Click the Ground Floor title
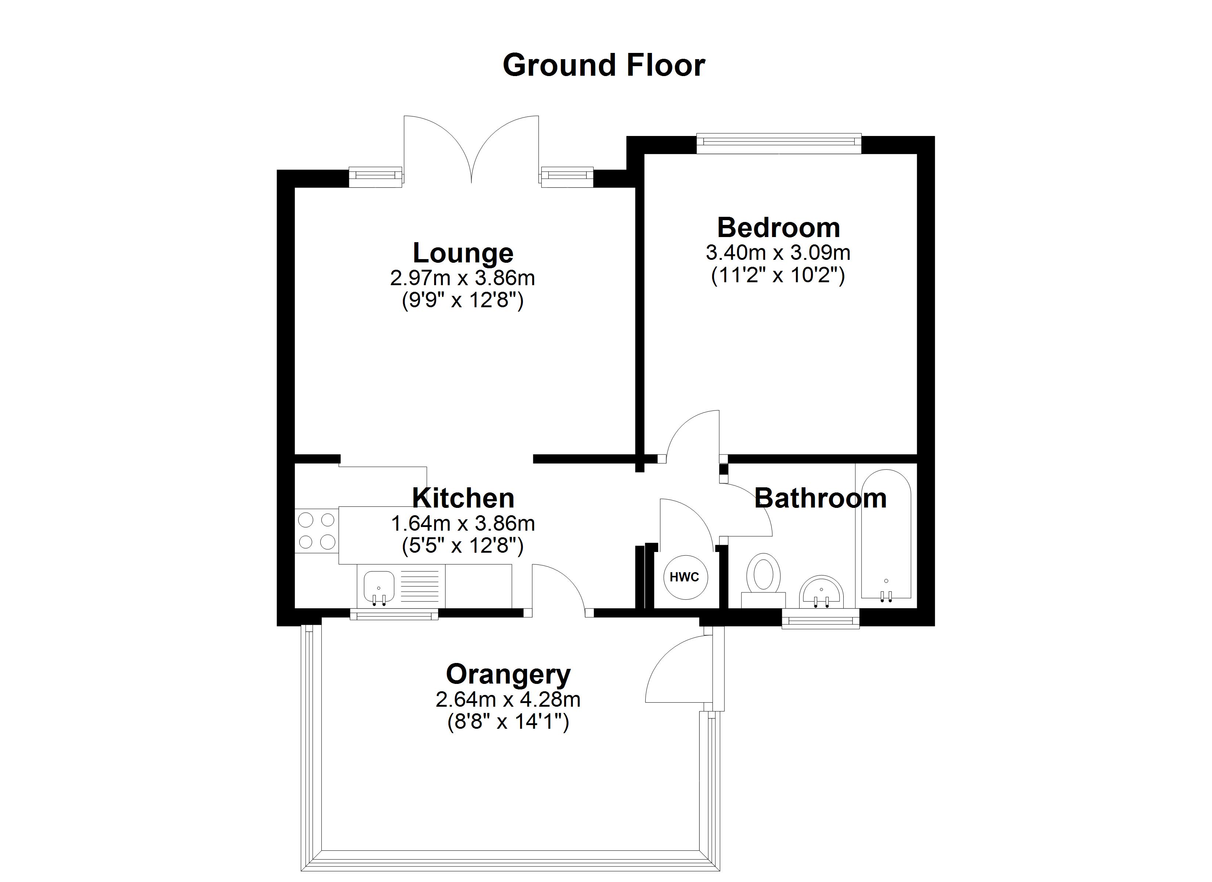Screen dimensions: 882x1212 point(604,65)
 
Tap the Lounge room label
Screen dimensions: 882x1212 point(463,253)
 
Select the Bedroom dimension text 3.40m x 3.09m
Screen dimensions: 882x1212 point(778,252)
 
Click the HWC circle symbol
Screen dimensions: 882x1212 point(685,577)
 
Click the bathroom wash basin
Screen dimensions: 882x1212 point(821,593)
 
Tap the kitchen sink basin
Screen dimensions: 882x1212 point(379,586)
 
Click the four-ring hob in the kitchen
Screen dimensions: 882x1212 point(316,531)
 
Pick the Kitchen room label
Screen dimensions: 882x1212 point(463,498)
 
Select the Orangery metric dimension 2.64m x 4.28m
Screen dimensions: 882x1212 point(508,699)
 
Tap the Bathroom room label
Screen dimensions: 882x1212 point(820,498)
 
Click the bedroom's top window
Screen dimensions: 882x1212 point(779,142)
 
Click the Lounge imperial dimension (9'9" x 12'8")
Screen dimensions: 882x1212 point(463,301)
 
